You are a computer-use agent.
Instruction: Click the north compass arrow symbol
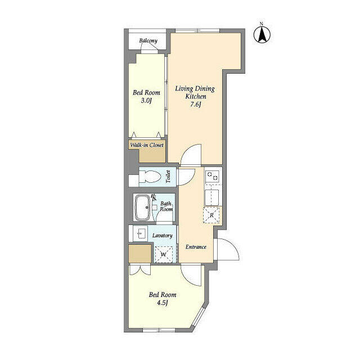(x=262, y=35)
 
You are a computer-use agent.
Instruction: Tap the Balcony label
(x=148, y=41)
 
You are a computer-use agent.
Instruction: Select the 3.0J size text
(x=146, y=101)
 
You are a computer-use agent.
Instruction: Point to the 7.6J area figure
(x=195, y=105)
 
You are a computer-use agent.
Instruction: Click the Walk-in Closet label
(x=147, y=145)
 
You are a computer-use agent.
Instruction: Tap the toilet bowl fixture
(x=150, y=177)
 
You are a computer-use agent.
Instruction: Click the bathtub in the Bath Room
(x=142, y=208)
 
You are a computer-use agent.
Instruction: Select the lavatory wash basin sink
(x=140, y=233)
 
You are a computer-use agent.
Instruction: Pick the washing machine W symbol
(x=164, y=254)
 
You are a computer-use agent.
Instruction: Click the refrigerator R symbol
(x=211, y=215)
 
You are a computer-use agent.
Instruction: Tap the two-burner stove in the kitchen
(x=212, y=176)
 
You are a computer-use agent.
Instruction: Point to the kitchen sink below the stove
(x=212, y=197)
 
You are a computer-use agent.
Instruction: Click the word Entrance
(x=196, y=247)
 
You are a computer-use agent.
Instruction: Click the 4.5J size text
(x=163, y=303)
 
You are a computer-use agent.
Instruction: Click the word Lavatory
(x=163, y=236)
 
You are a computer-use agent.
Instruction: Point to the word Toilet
(x=168, y=177)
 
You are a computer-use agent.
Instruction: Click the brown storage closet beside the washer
(x=140, y=254)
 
